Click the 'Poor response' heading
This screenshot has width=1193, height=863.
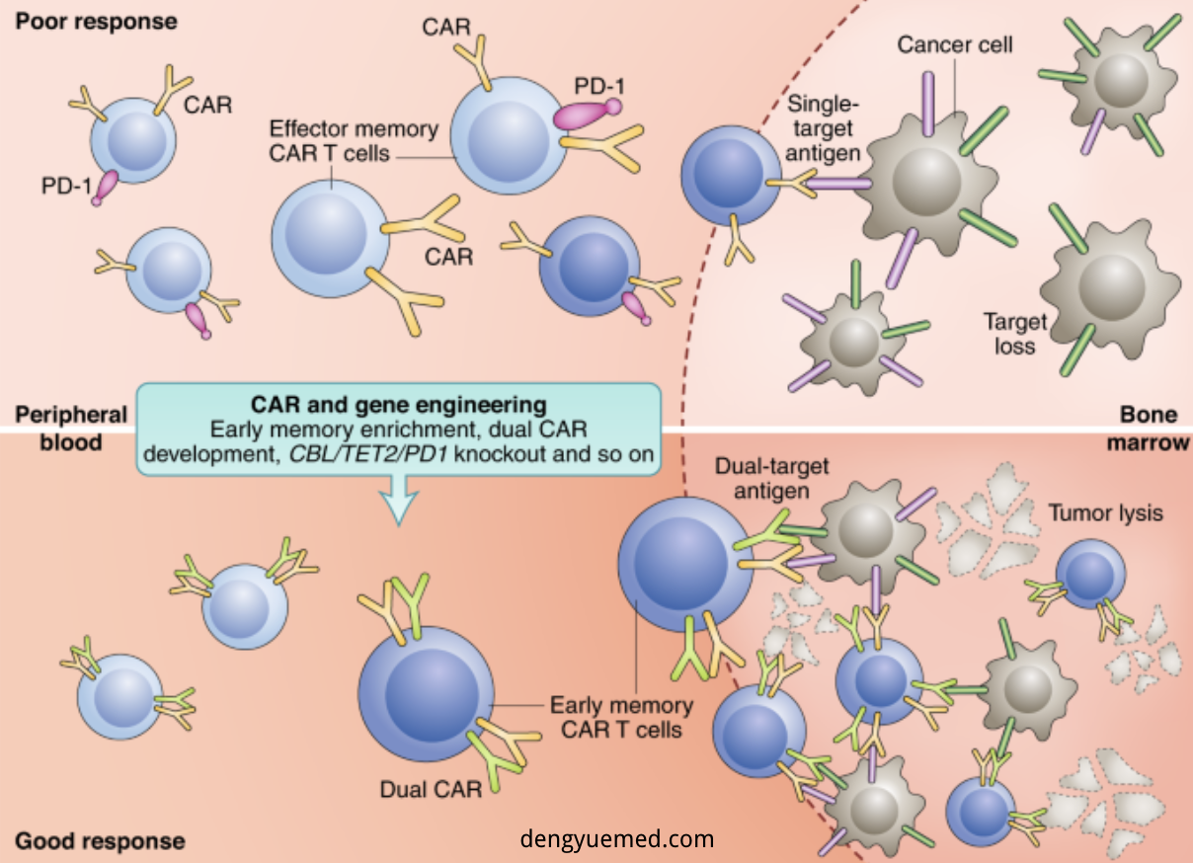96,21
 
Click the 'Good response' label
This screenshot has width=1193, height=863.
100,841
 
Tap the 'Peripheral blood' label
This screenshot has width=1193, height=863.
70,428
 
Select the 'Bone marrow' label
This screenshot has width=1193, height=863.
1147,429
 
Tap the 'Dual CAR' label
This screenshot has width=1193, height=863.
431,790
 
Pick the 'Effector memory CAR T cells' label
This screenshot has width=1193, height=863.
354,141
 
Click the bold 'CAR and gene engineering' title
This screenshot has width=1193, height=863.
397,404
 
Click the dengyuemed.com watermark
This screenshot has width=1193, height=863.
616,839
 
